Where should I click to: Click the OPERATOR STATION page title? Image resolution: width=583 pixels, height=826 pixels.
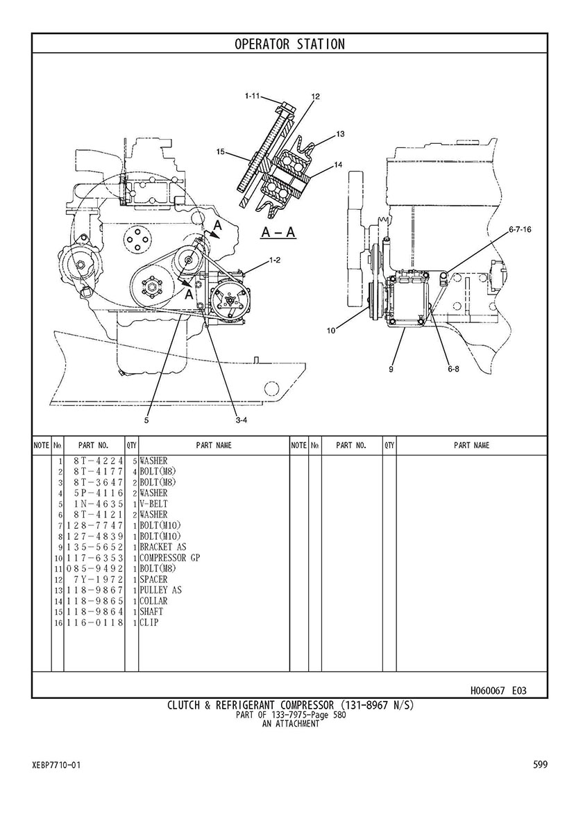click(289, 44)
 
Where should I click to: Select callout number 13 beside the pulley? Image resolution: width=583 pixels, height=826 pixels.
click(340, 134)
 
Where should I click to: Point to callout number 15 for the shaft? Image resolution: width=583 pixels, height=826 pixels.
click(221, 151)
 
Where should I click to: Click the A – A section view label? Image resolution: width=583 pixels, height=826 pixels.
click(278, 231)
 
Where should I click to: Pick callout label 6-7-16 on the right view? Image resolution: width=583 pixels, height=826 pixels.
click(520, 230)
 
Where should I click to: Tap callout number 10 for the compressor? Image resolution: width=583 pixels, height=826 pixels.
click(331, 331)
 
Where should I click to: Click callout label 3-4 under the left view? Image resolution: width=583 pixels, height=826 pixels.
click(242, 420)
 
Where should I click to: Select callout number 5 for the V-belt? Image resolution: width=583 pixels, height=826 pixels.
click(147, 420)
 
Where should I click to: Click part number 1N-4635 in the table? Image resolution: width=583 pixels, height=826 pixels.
click(99, 504)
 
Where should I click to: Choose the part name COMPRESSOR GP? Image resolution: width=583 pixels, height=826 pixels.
click(169, 558)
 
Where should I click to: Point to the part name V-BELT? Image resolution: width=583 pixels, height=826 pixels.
click(153, 504)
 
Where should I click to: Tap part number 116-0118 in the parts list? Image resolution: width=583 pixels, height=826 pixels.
click(94, 622)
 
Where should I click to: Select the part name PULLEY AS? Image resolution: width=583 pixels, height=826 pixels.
click(160, 590)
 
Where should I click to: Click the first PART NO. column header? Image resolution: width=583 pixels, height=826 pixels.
click(93, 446)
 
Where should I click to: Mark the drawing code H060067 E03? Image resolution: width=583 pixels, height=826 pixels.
click(498, 690)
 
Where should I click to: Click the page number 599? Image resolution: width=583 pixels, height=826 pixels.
click(541, 764)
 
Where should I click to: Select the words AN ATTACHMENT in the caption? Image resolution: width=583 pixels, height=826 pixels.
click(290, 724)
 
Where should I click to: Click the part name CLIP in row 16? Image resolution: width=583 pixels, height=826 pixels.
click(149, 622)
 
